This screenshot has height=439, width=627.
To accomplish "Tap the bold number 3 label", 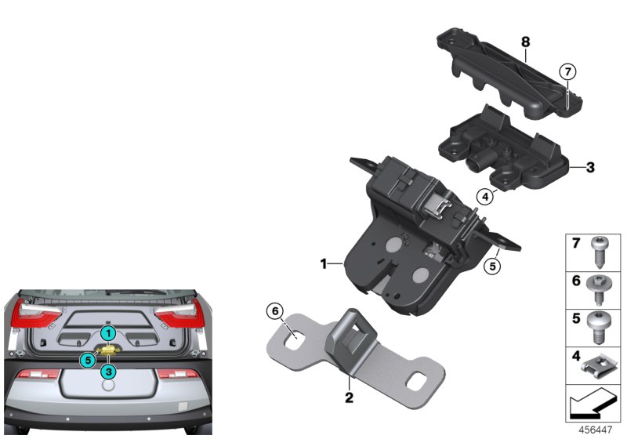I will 591,167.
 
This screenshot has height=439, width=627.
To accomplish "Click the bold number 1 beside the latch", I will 322,265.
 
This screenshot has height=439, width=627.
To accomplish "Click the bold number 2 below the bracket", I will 350,398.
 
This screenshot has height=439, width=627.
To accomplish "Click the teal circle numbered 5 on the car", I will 88,360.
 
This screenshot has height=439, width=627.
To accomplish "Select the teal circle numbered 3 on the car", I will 108,371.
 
